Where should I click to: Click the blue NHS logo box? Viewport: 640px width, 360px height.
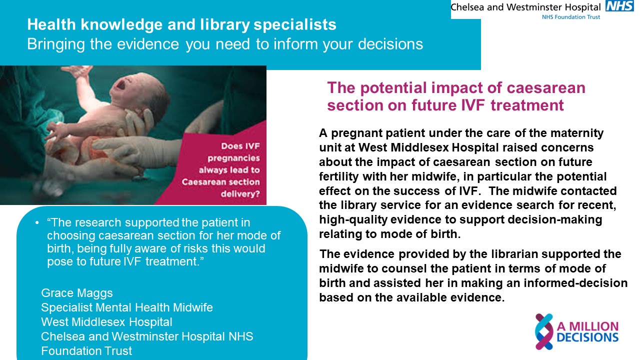click(x=619, y=5)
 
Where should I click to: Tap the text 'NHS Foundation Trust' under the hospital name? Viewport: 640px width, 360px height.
click(x=571, y=17)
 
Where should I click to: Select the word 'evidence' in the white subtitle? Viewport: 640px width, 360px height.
click(x=148, y=44)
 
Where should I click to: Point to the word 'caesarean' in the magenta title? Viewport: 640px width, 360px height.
click(x=546, y=87)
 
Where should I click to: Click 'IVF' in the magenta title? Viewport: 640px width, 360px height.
click(x=473, y=105)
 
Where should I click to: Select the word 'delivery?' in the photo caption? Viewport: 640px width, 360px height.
click(x=240, y=194)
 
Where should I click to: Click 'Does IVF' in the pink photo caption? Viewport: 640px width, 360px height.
click(x=240, y=146)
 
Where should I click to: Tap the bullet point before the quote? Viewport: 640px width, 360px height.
click(x=37, y=222)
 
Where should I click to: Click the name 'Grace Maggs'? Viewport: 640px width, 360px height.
click(x=77, y=293)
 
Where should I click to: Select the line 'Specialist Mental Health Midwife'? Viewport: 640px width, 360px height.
click(x=127, y=307)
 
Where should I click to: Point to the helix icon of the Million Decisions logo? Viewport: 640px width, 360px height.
click(x=544, y=331)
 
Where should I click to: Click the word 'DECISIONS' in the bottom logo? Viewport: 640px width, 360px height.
click(x=587, y=337)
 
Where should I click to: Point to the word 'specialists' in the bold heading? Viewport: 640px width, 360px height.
click(x=295, y=25)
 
